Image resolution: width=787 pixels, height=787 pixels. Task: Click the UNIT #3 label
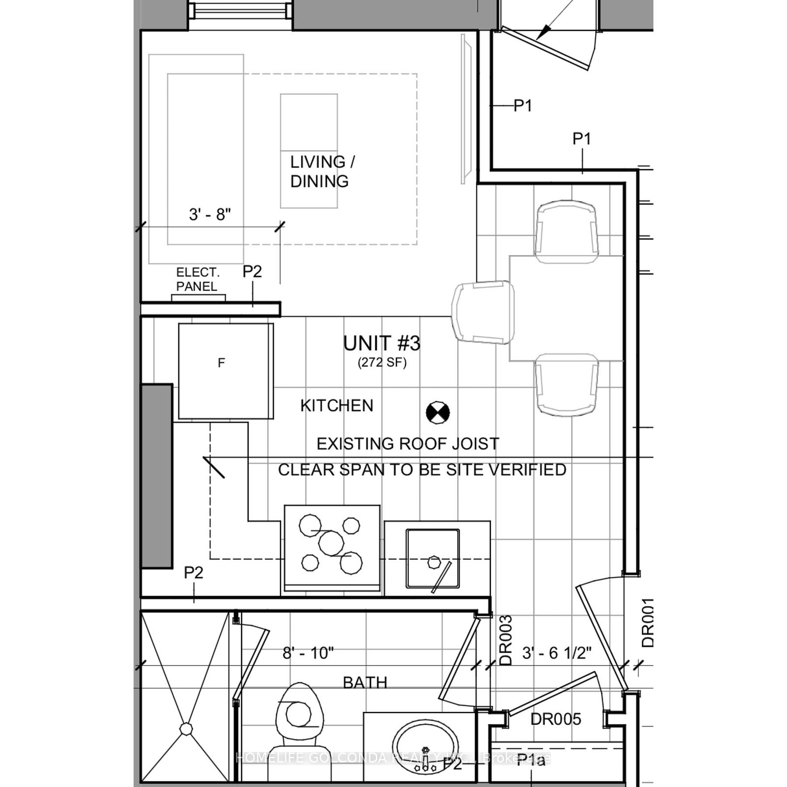(x=382, y=343)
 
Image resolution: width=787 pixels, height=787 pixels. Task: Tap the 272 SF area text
(x=382, y=363)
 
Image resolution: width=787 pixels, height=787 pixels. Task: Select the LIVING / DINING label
(x=322, y=171)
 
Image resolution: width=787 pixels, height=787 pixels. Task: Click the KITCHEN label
(x=337, y=406)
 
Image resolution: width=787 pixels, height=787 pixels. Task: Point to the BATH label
(x=365, y=682)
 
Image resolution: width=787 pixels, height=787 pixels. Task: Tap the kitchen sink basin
(x=433, y=559)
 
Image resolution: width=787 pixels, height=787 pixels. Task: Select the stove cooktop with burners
(x=332, y=546)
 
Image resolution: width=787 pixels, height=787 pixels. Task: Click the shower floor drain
(x=186, y=728)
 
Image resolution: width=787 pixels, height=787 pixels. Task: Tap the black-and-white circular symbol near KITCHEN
(x=438, y=412)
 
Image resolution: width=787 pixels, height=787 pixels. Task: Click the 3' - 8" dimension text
(x=210, y=214)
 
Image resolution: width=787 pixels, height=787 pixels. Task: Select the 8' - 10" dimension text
(x=308, y=653)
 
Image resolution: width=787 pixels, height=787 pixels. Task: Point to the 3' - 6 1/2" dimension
(x=556, y=653)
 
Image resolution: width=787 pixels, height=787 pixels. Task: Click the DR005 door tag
(x=556, y=719)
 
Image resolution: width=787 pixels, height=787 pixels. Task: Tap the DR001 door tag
(x=648, y=623)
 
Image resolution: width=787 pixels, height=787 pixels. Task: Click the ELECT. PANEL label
(x=198, y=279)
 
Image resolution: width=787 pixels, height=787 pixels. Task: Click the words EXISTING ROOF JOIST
(x=408, y=444)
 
